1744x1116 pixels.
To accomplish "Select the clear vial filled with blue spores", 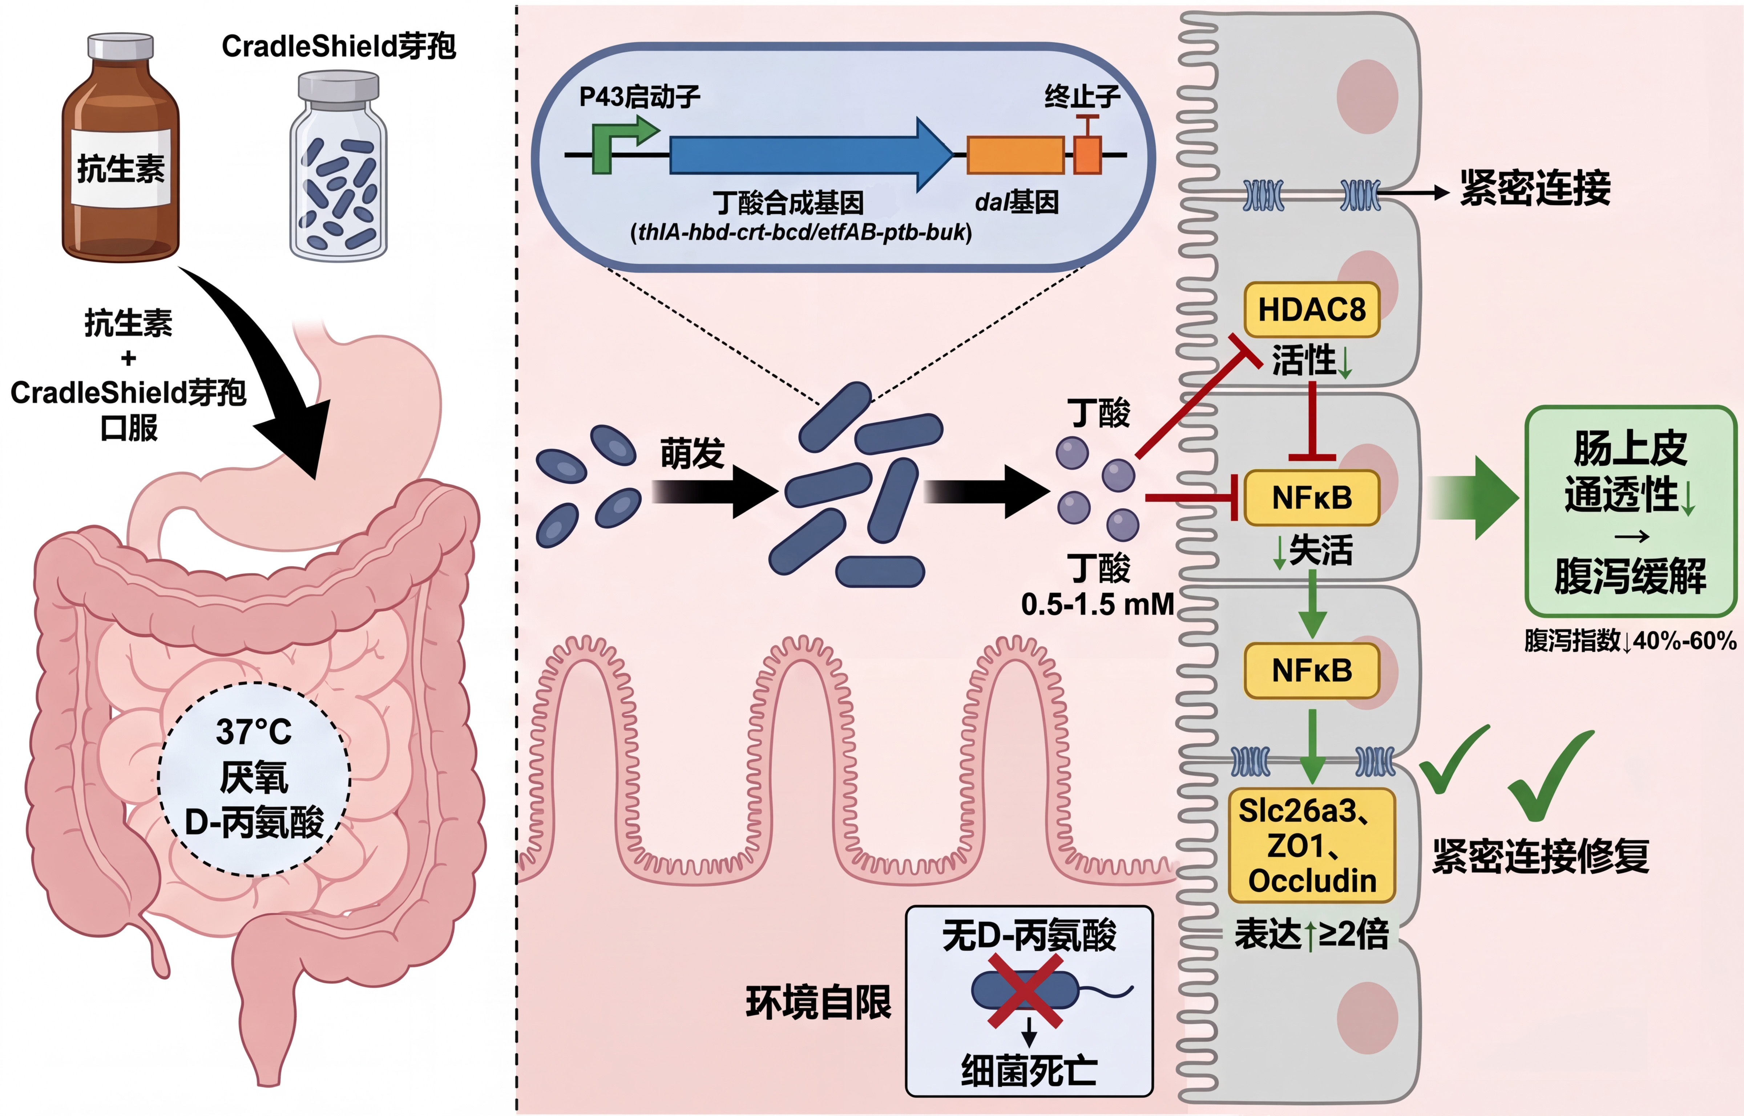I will (x=338, y=170).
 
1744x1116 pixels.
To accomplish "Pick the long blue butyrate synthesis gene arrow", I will (x=808, y=154).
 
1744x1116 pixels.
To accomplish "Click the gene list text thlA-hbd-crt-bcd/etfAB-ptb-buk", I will (x=801, y=232).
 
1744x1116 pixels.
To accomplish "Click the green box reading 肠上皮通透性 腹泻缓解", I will (x=1630, y=511).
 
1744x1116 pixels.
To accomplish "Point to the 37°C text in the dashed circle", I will (x=254, y=732).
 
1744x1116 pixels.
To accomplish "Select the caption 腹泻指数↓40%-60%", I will (x=1630, y=640).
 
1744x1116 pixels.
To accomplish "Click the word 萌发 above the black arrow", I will (x=692, y=454).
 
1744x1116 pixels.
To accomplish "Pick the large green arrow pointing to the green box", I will (x=1474, y=498).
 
